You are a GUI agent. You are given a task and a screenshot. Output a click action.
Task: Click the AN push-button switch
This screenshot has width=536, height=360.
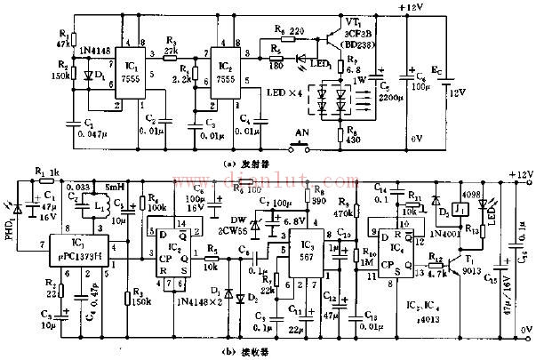click(308, 141)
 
